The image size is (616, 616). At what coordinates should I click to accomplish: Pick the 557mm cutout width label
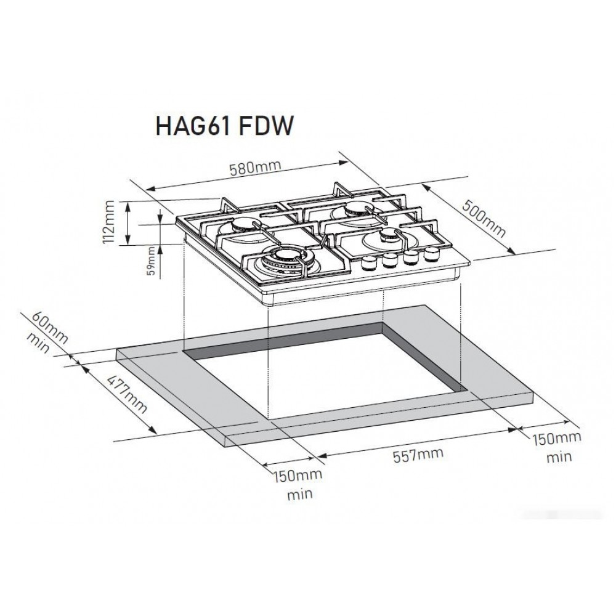[418, 455]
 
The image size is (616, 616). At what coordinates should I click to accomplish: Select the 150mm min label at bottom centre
[299, 484]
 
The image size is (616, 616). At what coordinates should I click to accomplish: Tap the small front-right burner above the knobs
[387, 238]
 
